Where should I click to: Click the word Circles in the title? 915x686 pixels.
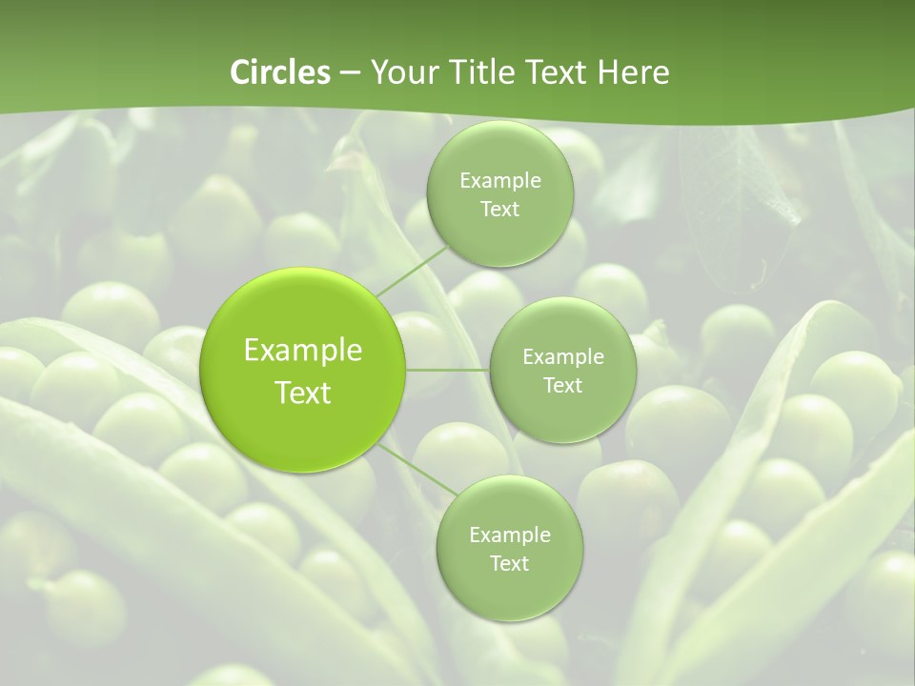[280, 72]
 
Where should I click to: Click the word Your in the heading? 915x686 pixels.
[400, 72]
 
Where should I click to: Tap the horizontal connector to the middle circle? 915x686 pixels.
[448, 370]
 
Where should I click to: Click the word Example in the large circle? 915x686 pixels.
[303, 351]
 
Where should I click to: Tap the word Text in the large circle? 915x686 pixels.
[303, 393]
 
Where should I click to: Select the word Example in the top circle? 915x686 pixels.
[499, 181]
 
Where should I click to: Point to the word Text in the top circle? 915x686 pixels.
[499, 210]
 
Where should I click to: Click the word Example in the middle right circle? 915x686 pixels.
[562, 357]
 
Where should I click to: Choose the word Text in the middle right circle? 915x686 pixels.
[562, 386]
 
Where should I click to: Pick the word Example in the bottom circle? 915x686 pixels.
[509, 535]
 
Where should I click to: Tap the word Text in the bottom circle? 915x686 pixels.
[509, 564]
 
